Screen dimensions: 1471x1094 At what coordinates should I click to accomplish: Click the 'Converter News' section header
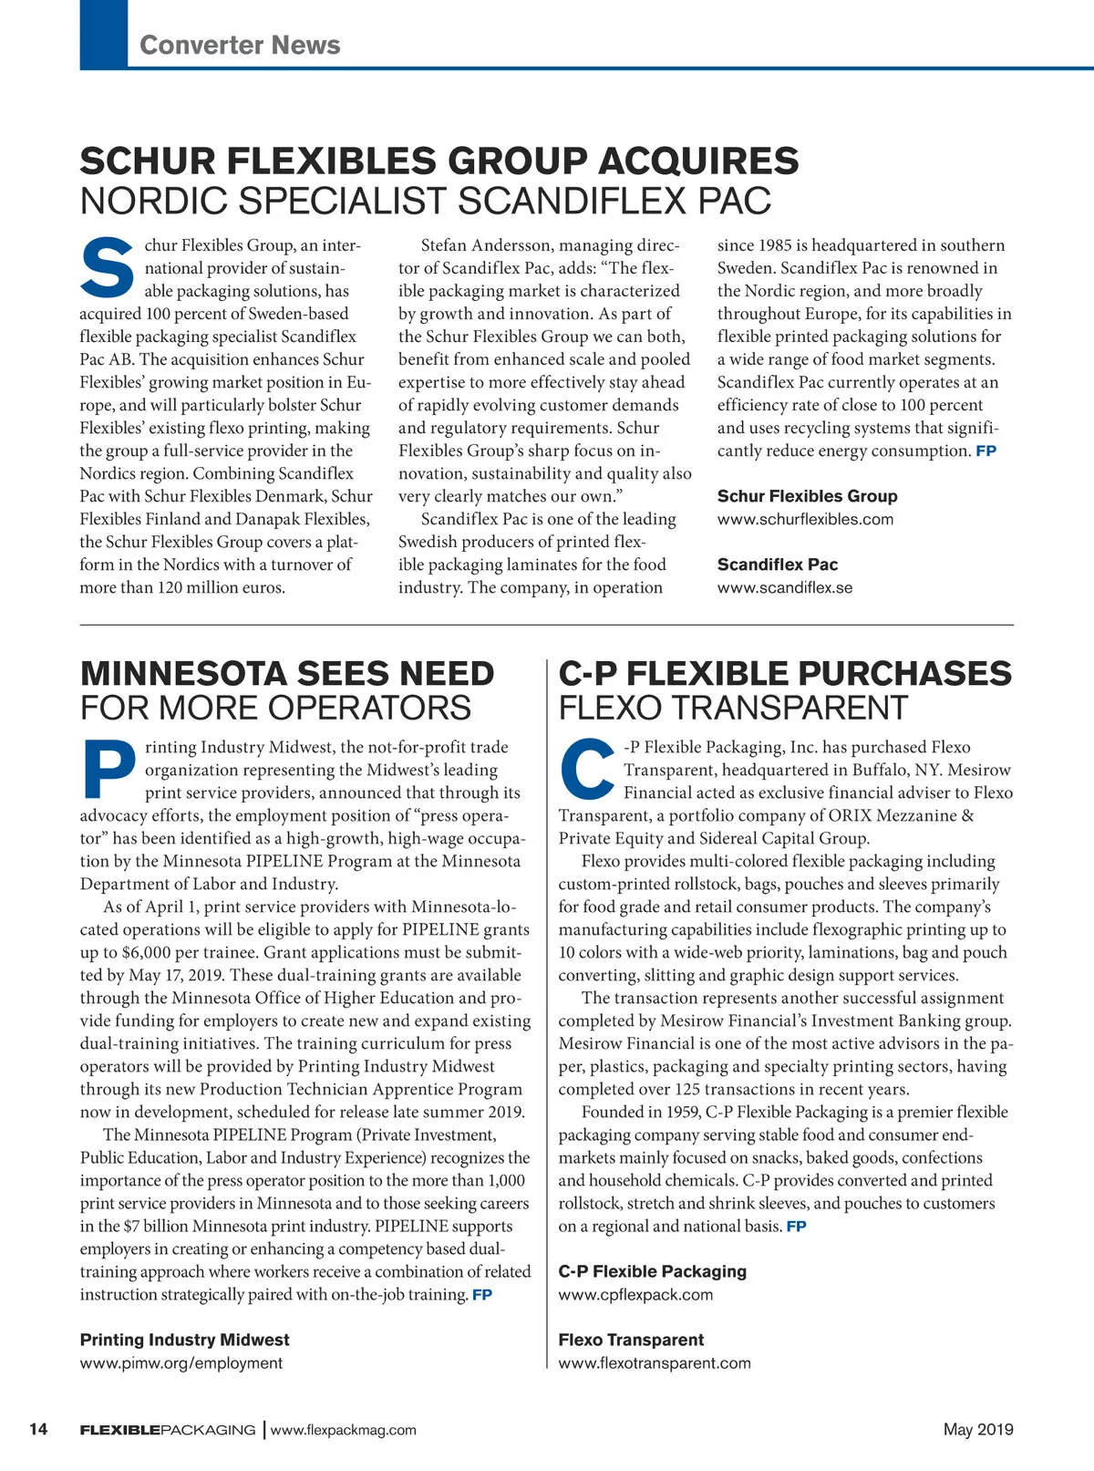pyautogui.click(x=240, y=45)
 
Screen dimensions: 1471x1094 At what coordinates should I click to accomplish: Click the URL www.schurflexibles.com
pyautogui.click(x=805, y=519)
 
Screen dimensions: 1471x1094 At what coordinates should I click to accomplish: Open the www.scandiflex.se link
pyautogui.click(x=785, y=587)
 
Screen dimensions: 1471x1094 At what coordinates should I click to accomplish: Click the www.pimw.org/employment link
pyautogui.click(x=181, y=1362)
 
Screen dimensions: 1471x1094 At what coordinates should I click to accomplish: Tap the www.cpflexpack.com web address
pyautogui.click(x=635, y=1294)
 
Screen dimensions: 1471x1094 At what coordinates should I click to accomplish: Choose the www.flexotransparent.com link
pyautogui.click(x=655, y=1362)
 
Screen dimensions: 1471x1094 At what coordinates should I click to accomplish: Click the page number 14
pyautogui.click(x=38, y=1429)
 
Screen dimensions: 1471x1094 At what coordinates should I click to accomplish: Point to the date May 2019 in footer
pyautogui.click(x=978, y=1429)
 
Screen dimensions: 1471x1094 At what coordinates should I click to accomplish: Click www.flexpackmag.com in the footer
pyautogui.click(x=344, y=1430)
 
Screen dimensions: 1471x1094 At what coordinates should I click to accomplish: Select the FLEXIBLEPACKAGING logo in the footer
pyautogui.click(x=168, y=1430)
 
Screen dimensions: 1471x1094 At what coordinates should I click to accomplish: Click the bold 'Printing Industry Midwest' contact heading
pyautogui.click(x=184, y=1340)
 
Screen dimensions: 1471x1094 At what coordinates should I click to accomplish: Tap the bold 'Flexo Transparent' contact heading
pyautogui.click(x=631, y=1340)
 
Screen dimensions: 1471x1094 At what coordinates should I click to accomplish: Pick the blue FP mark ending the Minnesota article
pyautogui.click(x=482, y=1295)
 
